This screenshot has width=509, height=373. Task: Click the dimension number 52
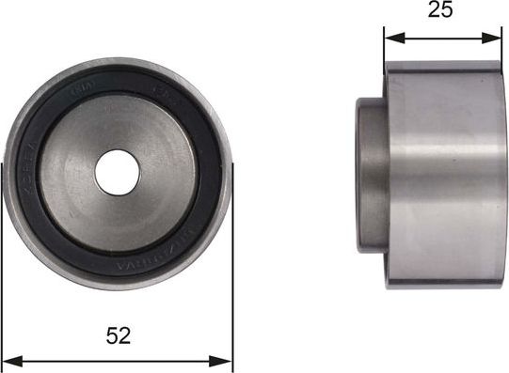119,334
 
